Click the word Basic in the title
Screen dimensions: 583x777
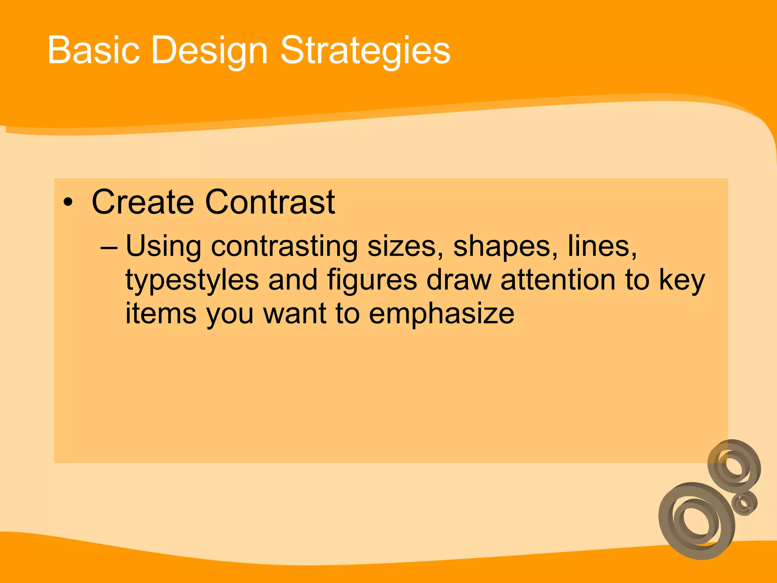[93, 50]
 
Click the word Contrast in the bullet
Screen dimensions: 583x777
[270, 202]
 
